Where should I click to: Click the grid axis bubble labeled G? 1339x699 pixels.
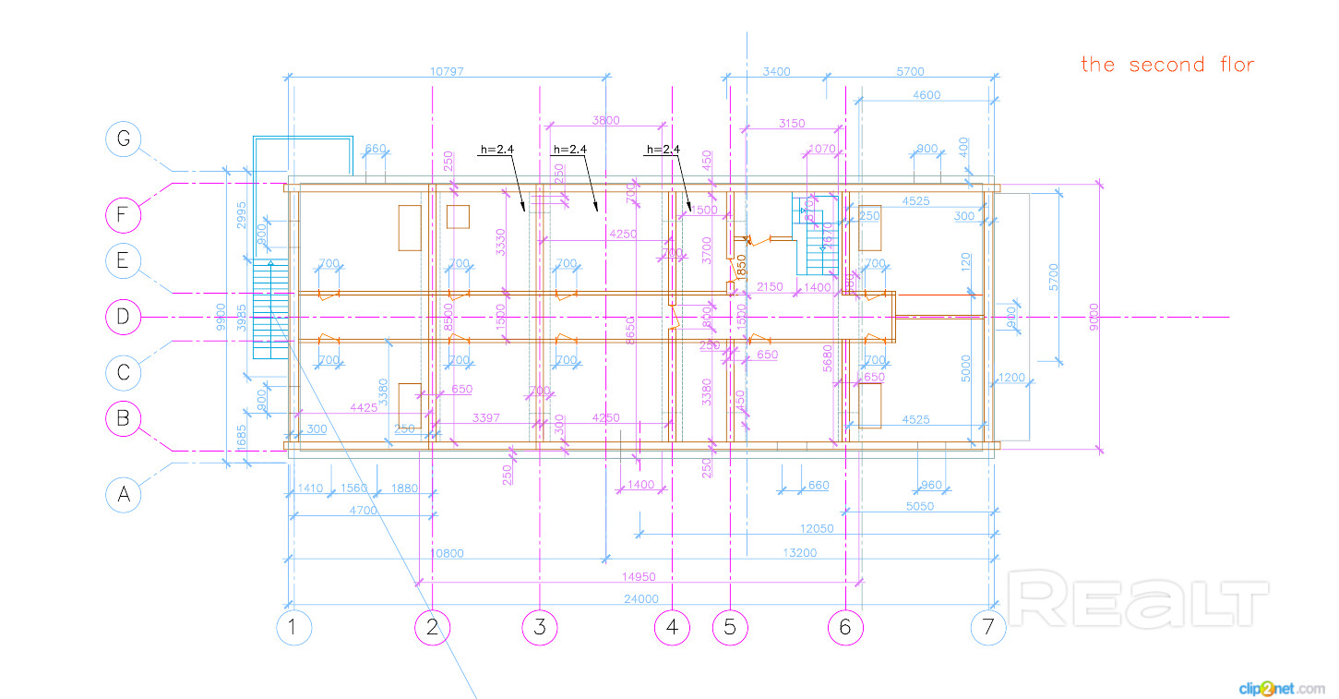[x=123, y=139]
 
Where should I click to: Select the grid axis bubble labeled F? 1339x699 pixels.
[x=123, y=216]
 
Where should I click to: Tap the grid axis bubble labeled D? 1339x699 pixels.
[x=123, y=317]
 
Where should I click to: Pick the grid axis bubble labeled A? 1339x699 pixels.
[x=123, y=495]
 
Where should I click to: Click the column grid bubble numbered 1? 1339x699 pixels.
[x=293, y=628]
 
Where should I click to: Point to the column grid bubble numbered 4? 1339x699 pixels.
[x=672, y=628]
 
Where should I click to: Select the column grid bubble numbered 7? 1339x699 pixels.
[x=988, y=628]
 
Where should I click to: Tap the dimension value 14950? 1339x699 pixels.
[x=638, y=576]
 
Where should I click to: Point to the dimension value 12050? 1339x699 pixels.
[x=817, y=528]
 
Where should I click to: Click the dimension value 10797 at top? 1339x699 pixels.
[x=448, y=71]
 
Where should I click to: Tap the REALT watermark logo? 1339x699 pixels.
[x=1140, y=598]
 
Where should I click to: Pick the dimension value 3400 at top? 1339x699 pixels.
[x=776, y=71]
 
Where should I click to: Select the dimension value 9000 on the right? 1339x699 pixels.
[x=1094, y=317]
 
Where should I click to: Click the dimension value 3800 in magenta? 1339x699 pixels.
[x=605, y=120]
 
